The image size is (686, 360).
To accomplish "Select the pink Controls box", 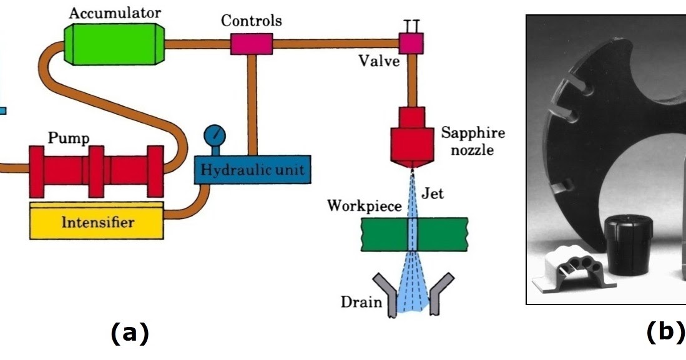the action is tap(252, 44).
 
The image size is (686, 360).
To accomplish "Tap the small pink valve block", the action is tap(411, 43).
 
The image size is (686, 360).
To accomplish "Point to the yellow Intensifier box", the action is tap(97, 222).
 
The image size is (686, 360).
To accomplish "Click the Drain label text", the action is tap(360, 303).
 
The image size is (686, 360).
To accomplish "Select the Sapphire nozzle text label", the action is tap(473, 141).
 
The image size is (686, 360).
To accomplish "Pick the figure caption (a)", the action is tap(130, 334).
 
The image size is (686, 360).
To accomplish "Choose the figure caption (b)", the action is tap(664, 333).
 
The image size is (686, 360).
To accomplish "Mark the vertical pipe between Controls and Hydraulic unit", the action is tap(252, 103).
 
